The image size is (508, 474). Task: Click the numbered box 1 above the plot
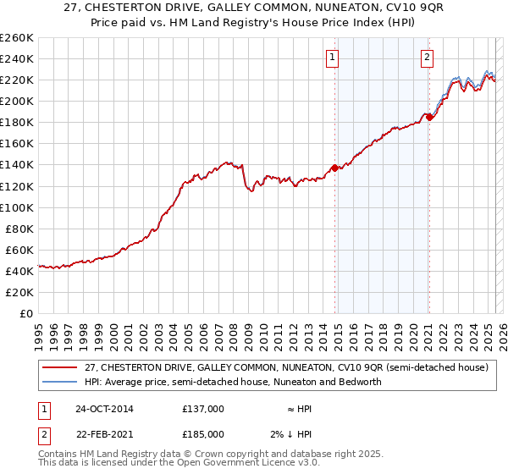tap(332, 58)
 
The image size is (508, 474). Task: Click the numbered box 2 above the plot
tap(427, 58)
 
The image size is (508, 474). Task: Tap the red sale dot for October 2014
tap(334, 168)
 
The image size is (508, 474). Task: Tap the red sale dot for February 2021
tap(429, 117)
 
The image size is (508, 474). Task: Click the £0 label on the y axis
tap(25, 313)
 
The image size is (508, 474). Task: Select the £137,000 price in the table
tap(203, 409)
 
